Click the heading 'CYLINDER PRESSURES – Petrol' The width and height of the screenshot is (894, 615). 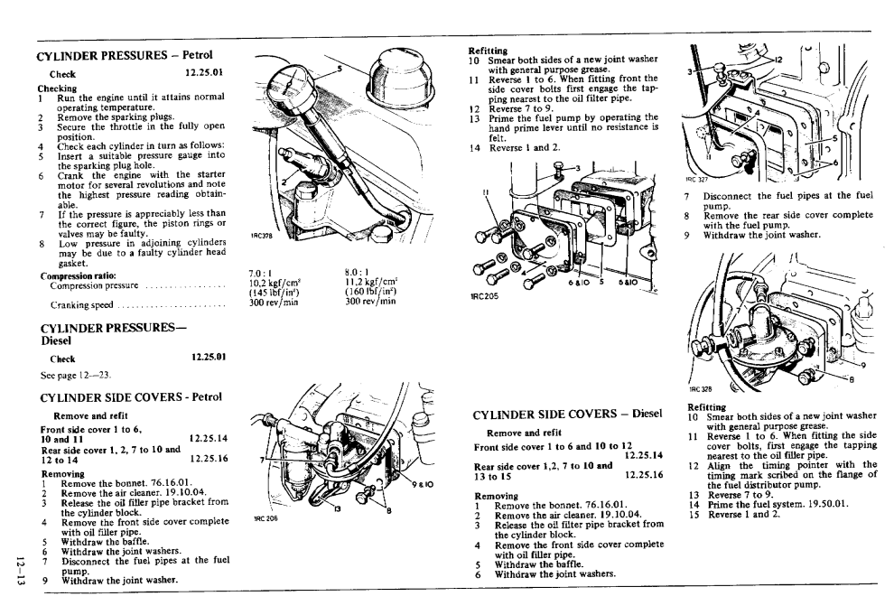coord(130,55)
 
